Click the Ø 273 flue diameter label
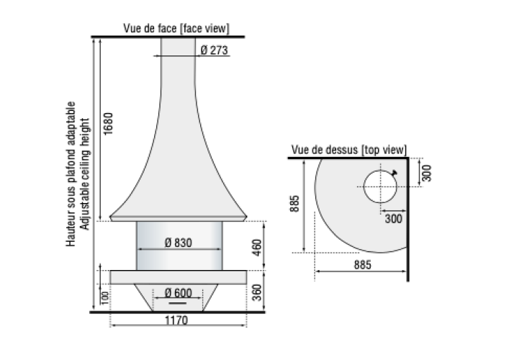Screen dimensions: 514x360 (214, 50)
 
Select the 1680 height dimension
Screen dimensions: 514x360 (108, 123)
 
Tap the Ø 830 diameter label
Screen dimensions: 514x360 (179, 243)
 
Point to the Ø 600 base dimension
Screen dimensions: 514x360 (179, 292)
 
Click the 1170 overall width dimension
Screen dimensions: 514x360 (176, 320)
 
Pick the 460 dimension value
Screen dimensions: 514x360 (257, 248)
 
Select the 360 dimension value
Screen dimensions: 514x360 (257, 292)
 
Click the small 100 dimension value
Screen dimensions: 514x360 (104, 298)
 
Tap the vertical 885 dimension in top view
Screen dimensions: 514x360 (294, 204)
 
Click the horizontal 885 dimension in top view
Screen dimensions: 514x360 (363, 264)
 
